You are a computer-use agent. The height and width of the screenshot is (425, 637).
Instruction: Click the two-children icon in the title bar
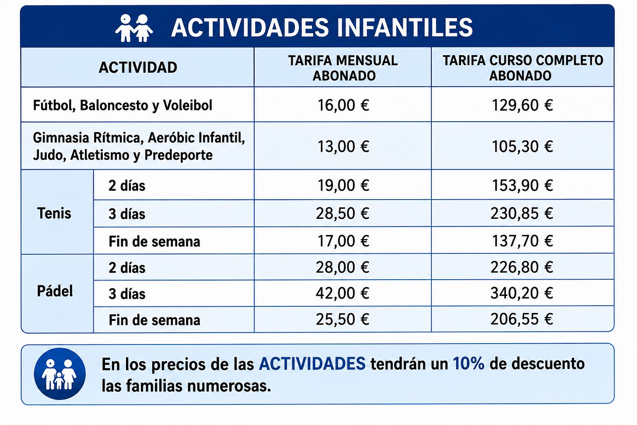coord(134,28)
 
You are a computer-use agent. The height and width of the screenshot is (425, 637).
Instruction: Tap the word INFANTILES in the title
coord(405,27)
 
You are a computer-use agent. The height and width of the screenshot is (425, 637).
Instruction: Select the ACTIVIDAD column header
coord(138,68)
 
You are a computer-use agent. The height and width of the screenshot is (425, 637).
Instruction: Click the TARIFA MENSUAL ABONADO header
coord(343,68)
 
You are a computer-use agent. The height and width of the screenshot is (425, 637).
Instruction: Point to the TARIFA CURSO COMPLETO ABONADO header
coord(523,68)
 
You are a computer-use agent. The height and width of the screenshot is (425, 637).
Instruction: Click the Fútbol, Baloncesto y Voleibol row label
coord(122,105)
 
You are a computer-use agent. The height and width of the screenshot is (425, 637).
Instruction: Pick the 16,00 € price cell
coord(343,105)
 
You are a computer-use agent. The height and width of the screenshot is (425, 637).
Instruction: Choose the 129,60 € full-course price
coord(522,105)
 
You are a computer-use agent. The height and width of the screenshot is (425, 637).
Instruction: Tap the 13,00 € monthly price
coord(343,147)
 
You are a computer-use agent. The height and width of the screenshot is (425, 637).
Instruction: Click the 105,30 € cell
coord(522,147)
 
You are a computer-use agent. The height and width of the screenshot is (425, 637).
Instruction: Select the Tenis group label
coord(54,213)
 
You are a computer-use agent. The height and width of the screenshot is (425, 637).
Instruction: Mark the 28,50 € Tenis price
coord(343,213)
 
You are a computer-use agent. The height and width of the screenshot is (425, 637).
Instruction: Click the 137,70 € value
coord(522,241)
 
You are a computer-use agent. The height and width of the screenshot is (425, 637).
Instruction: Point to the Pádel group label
coord(55,291)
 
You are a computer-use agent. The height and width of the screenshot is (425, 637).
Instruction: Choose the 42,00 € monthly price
coord(343,293)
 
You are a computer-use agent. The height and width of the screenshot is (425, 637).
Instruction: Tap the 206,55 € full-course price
coord(522,319)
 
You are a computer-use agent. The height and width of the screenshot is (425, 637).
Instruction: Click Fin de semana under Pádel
coord(154,320)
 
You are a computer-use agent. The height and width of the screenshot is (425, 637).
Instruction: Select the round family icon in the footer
coord(59,374)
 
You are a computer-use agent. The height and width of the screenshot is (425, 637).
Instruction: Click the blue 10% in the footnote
coord(469,364)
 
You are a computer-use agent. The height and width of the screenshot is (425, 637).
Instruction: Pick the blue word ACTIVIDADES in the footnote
coord(312,364)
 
